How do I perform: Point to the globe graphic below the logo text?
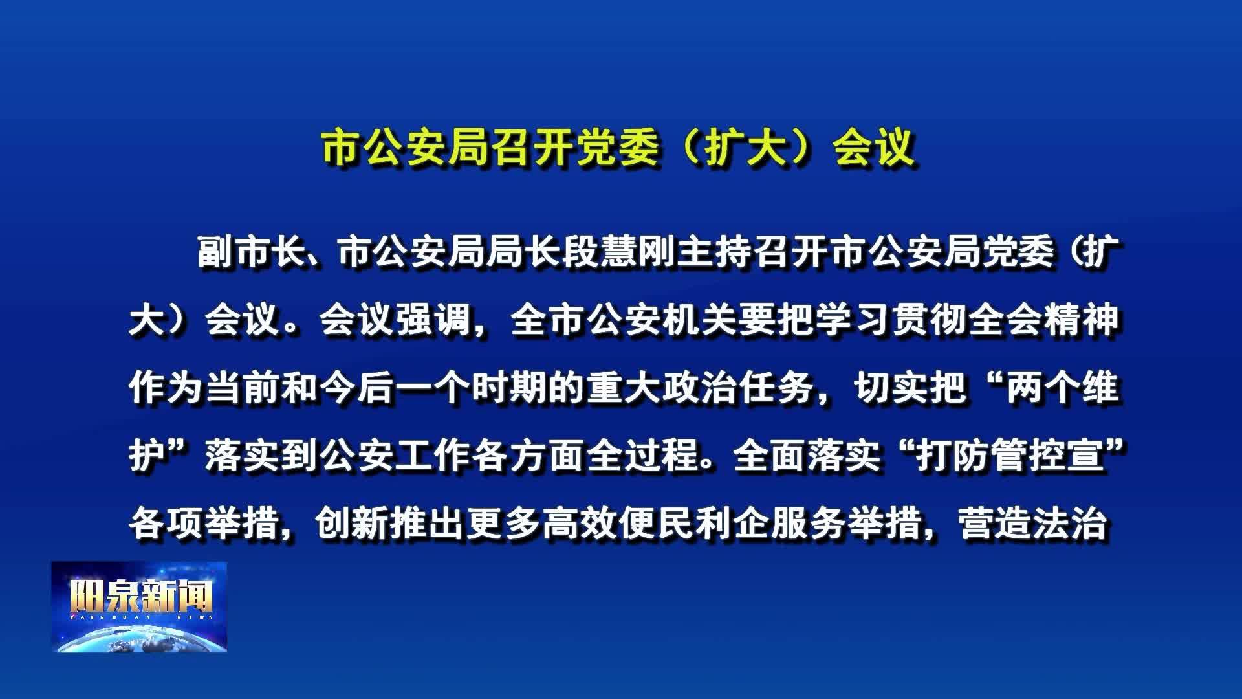click(x=139, y=638)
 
